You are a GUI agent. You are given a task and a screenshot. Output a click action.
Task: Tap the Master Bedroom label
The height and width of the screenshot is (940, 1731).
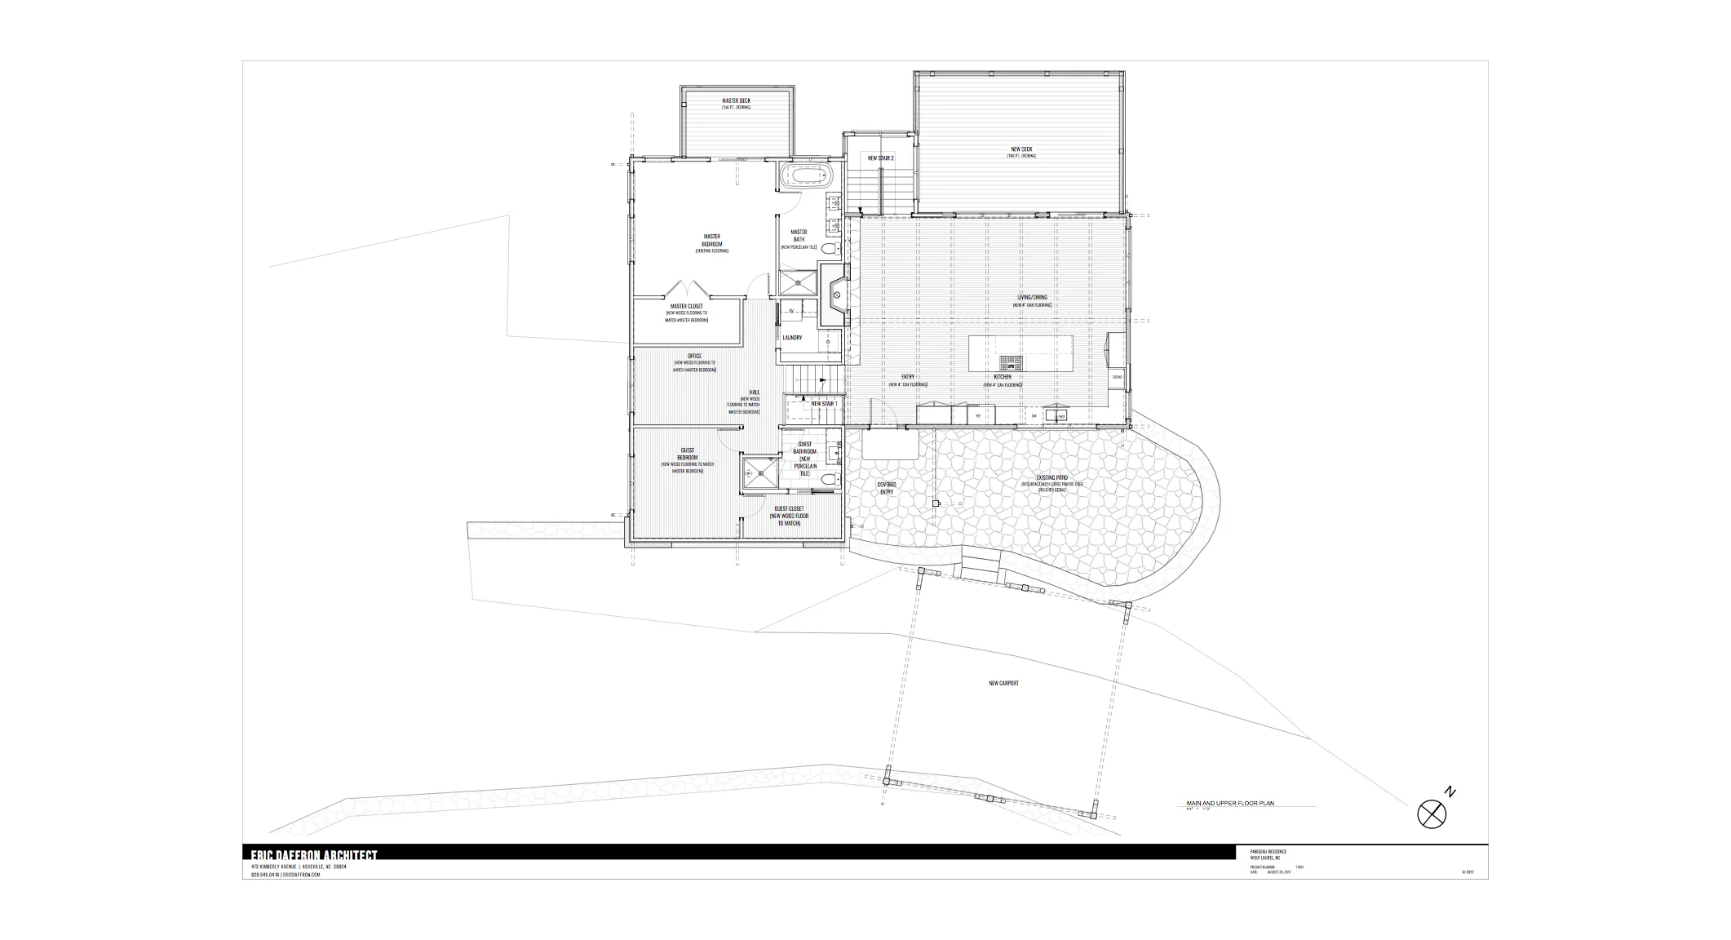(x=712, y=241)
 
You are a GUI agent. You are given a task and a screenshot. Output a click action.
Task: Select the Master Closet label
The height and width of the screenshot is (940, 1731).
(x=686, y=307)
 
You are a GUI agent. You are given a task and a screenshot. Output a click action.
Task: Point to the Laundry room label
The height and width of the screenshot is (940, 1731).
(x=792, y=338)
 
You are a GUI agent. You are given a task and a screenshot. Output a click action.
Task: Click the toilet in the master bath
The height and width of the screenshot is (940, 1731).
(x=828, y=248)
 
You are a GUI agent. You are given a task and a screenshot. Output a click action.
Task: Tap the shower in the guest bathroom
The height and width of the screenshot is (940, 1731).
(x=759, y=472)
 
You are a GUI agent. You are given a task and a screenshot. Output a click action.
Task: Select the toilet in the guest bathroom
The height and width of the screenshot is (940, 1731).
(x=829, y=480)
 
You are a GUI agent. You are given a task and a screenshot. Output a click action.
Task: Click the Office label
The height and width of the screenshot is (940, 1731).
(x=694, y=357)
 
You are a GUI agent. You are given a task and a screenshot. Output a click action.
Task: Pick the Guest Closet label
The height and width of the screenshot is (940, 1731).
(x=789, y=509)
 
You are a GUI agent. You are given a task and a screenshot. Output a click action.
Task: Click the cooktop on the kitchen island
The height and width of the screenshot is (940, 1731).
(x=1010, y=361)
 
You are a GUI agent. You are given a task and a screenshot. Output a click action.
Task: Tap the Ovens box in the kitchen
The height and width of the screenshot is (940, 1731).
(x=1117, y=377)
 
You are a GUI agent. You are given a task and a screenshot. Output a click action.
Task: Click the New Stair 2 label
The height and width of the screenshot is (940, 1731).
(x=880, y=158)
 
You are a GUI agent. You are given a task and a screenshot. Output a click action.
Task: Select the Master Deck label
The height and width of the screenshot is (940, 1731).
(x=736, y=101)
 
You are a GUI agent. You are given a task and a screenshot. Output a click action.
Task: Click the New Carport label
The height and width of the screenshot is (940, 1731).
(x=1003, y=683)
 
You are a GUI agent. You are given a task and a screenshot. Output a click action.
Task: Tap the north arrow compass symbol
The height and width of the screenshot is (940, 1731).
(x=1432, y=814)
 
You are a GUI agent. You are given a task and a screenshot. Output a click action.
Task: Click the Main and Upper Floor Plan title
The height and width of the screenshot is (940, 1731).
(x=1230, y=804)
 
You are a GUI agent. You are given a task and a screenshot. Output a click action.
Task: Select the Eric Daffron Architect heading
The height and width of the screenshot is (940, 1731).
(x=314, y=854)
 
